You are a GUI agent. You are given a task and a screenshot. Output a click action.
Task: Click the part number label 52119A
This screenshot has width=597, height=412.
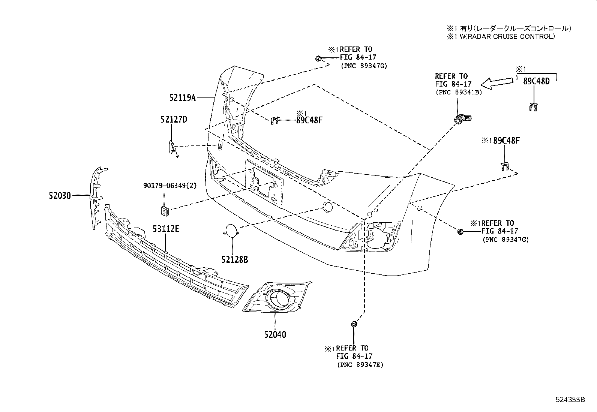tap(183, 98)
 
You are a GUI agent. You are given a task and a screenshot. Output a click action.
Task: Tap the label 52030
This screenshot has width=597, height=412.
tap(60, 195)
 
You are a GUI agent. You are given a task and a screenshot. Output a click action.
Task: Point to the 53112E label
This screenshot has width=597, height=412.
tap(166, 228)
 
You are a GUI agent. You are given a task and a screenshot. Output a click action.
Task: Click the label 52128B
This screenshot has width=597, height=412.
tap(234, 259)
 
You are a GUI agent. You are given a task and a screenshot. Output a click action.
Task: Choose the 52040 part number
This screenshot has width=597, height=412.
tap(275, 334)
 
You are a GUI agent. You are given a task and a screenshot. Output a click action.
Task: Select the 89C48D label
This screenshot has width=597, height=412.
tap(536, 81)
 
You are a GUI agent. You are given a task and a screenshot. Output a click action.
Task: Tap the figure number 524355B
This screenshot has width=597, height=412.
tap(570, 400)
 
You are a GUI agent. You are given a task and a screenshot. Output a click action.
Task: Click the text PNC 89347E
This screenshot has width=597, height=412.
tap(360, 364)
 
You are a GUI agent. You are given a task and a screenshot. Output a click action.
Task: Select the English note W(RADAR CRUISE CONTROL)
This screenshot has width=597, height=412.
tap(504, 36)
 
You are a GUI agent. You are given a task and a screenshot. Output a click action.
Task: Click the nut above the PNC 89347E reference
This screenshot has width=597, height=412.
tap(353, 324)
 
